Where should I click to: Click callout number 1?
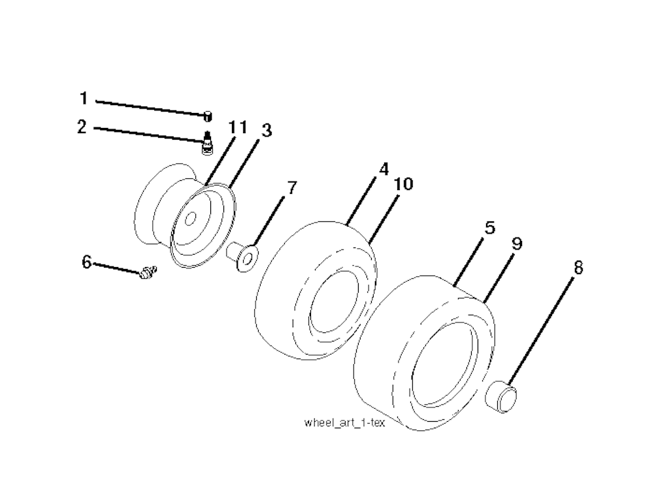(83, 99)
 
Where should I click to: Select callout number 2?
(82, 127)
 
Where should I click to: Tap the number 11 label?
(237, 127)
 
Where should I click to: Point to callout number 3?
(266, 131)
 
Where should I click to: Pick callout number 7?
(291, 189)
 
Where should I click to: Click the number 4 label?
(383, 170)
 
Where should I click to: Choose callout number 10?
(404, 184)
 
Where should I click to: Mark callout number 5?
(489, 228)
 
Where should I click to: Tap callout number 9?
(516, 244)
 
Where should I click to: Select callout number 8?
(578, 267)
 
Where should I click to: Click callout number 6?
(86, 262)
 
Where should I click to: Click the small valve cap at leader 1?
(207, 116)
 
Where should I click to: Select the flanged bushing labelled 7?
(242, 255)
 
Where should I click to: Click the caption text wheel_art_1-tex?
(345, 422)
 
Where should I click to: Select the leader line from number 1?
(150, 107)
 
